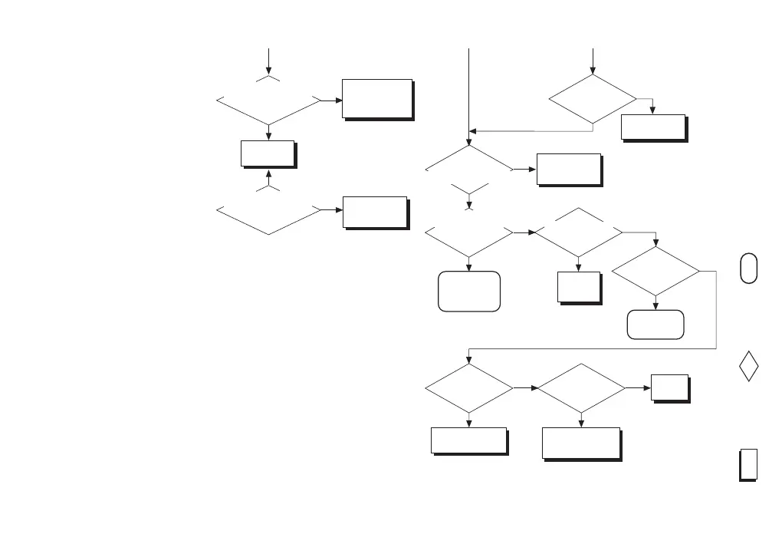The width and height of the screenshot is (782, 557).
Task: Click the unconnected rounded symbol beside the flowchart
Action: (x=749, y=268)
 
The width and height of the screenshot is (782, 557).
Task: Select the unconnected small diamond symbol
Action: (x=749, y=366)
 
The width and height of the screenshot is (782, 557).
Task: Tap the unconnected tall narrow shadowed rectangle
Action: (x=748, y=464)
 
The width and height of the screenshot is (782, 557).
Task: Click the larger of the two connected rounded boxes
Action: (x=468, y=291)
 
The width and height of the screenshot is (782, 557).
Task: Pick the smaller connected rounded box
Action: (x=655, y=325)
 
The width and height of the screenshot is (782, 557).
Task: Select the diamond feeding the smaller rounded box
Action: (x=655, y=271)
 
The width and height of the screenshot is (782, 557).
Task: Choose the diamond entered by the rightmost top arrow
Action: (x=593, y=99)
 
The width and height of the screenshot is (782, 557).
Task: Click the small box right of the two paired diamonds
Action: (x=669, y=387)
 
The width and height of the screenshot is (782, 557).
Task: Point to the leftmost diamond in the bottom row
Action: (x=468, y=389)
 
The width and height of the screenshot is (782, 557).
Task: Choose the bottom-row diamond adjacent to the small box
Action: (x=581, y=389)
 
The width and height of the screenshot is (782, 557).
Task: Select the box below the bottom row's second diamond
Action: (x=580, y=443)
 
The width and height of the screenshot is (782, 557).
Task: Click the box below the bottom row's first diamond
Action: (x=468, y=440)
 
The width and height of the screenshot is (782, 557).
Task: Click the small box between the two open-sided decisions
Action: (x=268, y=153)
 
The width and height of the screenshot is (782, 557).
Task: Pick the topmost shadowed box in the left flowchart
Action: (x=377, y=98)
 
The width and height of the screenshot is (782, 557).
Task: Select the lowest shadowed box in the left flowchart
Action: (x=375, y=212)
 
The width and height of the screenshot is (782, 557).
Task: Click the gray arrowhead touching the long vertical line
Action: (x=474, y=130)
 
